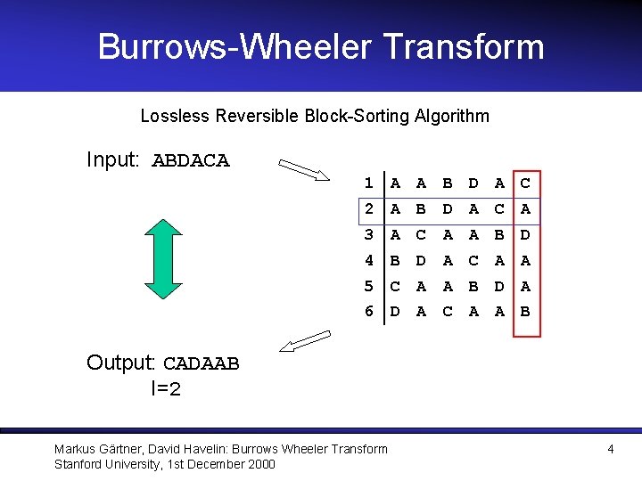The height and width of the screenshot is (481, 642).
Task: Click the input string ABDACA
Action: (x=191, y=161)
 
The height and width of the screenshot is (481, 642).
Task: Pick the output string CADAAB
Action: (x=201, y=363)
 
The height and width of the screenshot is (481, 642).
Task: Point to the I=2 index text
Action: (x=166, y=388)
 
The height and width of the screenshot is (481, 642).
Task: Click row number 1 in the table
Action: (x=367, y=183)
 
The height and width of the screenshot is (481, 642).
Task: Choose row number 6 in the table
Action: (x=367, y=312)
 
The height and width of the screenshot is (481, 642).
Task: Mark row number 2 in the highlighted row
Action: (x=367, y=209)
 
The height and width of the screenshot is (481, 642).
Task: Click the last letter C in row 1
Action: (x=526, y=183)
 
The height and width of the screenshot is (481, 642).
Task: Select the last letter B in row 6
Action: (x=526, y=312)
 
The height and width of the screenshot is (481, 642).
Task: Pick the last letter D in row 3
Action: (x=526, y=235)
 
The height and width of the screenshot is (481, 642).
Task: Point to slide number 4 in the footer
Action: (x=610, y=449)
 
